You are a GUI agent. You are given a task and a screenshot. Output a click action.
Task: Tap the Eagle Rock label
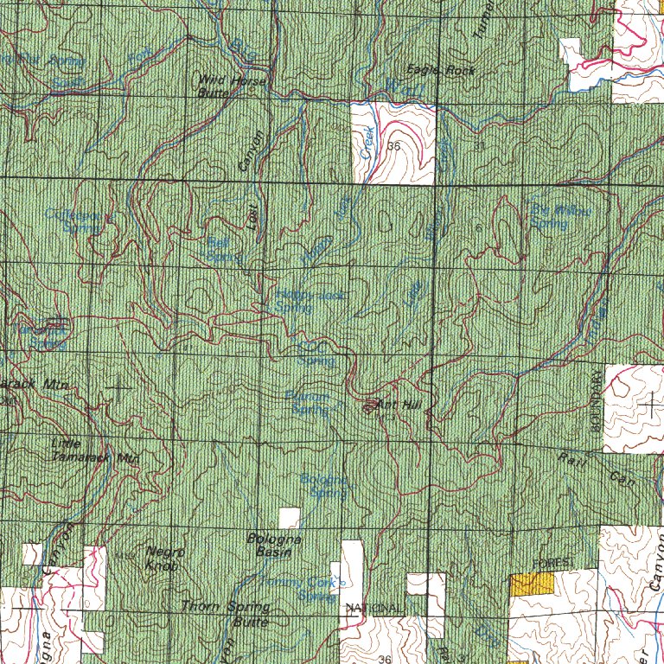[x=441, y=71]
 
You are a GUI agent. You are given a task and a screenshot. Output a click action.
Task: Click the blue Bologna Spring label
[x=324, y=486]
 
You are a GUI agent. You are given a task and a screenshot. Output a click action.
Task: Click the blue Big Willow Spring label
[x=550, y=216]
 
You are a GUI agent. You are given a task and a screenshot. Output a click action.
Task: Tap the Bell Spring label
[x=222, y=250]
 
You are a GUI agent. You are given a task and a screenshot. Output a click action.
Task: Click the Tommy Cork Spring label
[x=298, y=588]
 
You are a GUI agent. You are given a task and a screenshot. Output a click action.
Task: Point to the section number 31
[x=480, y=145]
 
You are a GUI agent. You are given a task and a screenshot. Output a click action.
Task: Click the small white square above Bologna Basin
[x=290, y=517]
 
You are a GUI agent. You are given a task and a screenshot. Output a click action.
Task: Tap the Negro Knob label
[x=162, y=559]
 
